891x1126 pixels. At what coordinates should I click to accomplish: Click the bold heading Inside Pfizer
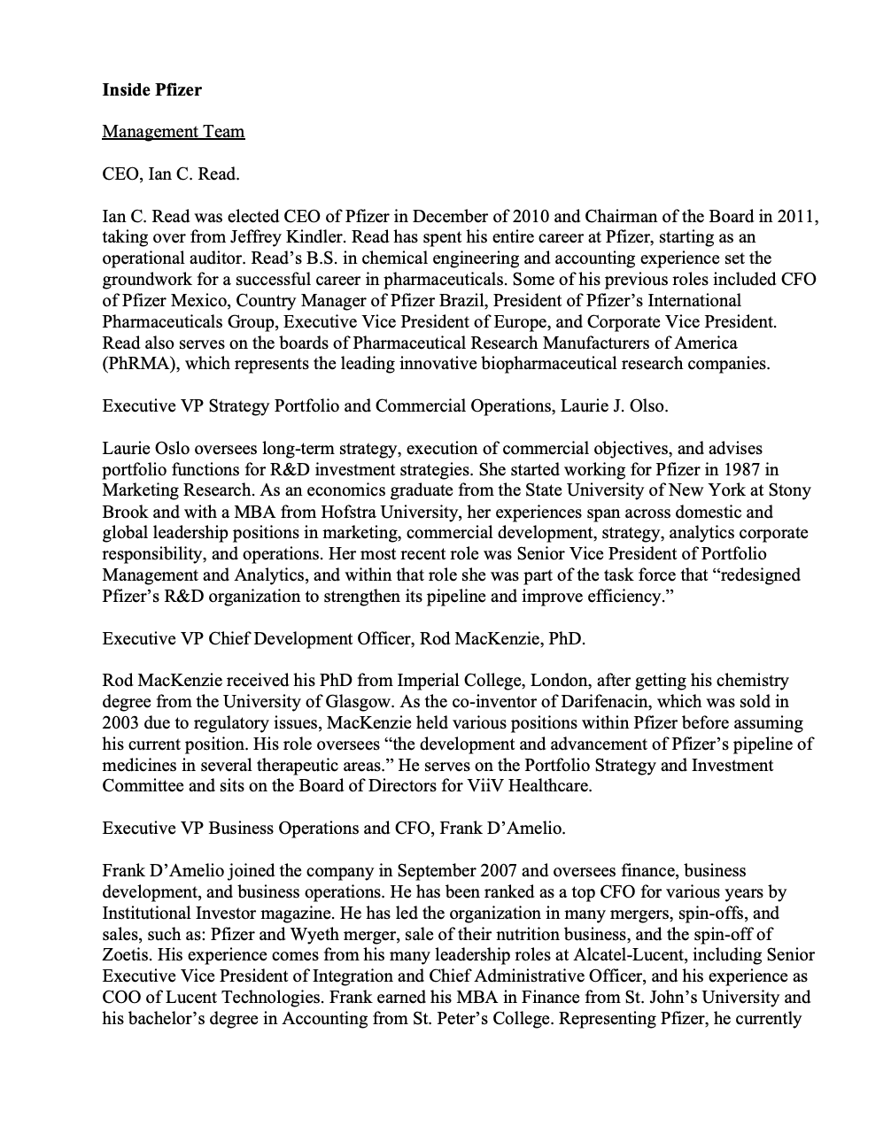(x=151, y=89)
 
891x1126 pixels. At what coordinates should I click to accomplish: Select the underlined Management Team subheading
(x=173, y=131)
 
